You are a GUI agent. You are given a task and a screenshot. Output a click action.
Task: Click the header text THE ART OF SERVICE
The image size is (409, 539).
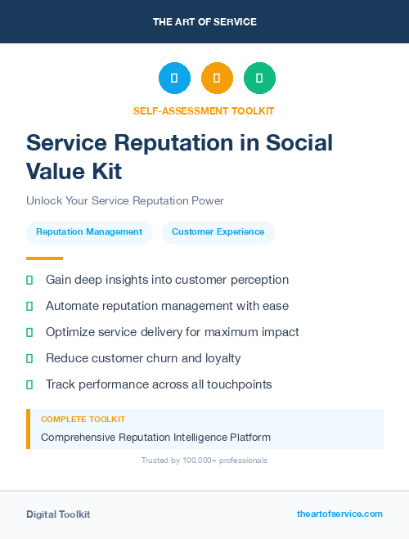204,22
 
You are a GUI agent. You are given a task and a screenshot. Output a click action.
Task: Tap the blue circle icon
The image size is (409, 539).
174,79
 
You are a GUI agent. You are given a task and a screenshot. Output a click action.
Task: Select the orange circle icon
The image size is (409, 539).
217,79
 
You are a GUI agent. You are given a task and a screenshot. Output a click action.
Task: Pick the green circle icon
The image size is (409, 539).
259,79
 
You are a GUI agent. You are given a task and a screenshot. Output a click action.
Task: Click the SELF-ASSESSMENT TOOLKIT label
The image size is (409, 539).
204,110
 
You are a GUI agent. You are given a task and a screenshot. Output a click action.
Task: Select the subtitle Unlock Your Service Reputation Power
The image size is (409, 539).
125,200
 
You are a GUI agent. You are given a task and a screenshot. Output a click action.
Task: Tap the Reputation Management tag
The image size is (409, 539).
89,232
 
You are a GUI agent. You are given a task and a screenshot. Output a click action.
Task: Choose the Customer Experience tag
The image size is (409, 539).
218,232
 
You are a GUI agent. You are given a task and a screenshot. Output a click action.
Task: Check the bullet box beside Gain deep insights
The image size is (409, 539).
29,280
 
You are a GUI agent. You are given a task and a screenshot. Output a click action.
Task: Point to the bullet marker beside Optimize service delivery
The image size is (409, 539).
29,332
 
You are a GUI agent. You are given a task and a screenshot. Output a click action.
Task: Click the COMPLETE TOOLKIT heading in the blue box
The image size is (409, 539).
83,420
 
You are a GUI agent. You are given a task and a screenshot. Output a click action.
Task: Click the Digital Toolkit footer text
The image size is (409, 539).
58,514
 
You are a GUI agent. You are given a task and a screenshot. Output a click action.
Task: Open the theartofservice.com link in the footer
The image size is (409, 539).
339,514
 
